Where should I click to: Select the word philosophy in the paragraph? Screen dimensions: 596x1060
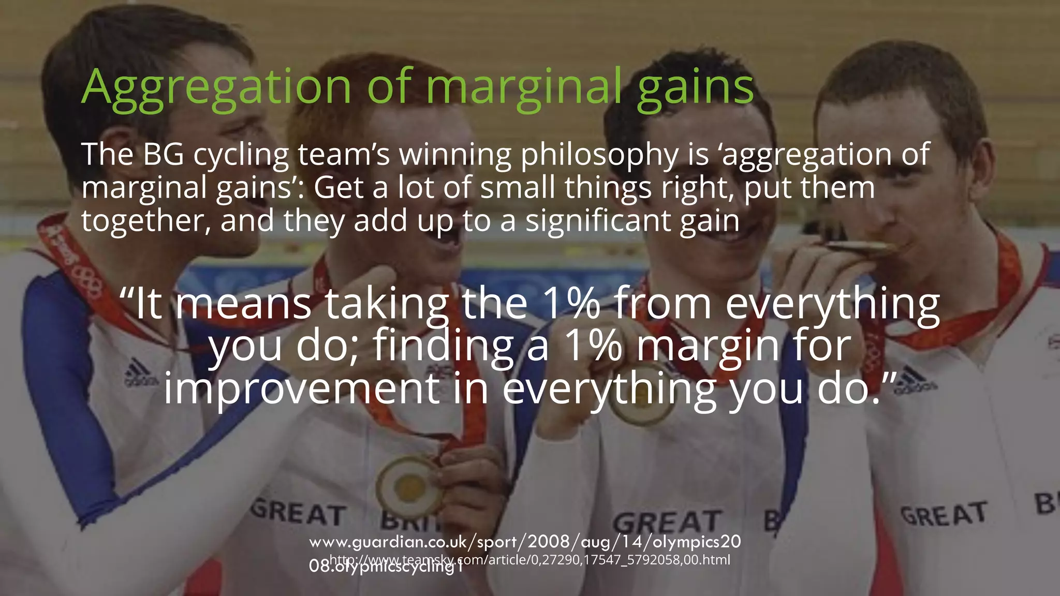(x=599, y=155)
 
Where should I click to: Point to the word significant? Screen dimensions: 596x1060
(x=598, y=221)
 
